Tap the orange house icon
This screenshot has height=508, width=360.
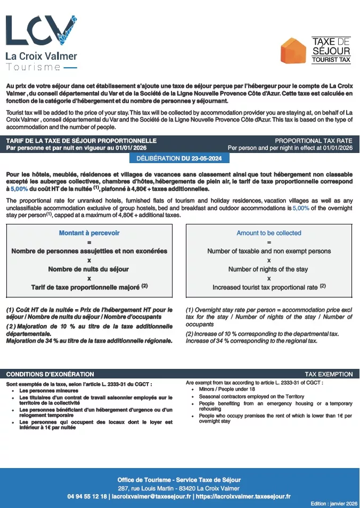292,51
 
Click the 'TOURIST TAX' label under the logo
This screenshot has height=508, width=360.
331,60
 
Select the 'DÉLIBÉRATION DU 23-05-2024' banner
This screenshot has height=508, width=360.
179,158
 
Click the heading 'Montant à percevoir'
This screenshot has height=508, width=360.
89,233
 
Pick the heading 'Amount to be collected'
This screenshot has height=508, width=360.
268,233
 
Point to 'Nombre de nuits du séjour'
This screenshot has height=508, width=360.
89,269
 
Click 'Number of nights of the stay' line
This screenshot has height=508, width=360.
268,269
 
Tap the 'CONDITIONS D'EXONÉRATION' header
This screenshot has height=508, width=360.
50,374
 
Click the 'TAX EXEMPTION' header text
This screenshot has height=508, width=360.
329,374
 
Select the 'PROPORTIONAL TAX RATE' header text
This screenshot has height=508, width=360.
313,141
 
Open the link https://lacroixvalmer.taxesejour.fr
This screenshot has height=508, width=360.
243,496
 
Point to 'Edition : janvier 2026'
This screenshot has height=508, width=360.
333,503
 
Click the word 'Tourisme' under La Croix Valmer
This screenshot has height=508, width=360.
33,67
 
